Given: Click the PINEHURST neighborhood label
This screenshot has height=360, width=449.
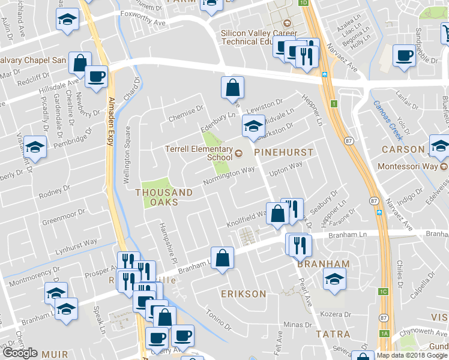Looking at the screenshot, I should coord(284,152).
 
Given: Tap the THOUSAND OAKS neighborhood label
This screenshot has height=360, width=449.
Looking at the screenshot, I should coord(164,197).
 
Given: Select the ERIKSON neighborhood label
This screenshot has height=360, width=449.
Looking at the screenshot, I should coord(243,294).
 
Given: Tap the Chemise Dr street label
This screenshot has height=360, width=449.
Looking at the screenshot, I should coord(187,110).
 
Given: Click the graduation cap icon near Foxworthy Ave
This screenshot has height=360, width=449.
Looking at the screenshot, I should coord(67,19).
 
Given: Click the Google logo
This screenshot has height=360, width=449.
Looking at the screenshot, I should coord(20,352).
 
